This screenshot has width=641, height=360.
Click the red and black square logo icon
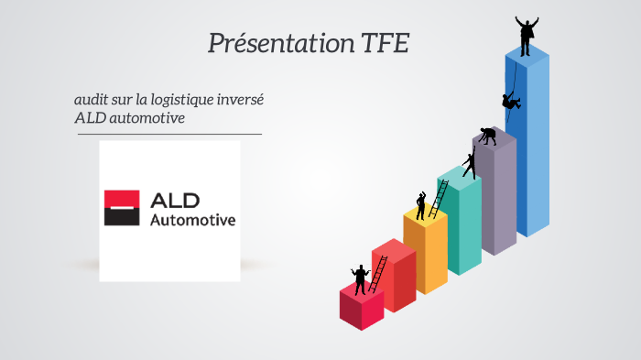[121, 208]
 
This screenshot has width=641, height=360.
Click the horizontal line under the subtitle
[169, 134]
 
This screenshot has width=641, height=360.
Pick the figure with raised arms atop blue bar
[527, 36]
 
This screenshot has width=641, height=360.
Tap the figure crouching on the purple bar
[488, 136]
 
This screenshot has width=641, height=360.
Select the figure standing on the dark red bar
[360, 278]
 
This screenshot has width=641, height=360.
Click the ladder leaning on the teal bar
[440, 199]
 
